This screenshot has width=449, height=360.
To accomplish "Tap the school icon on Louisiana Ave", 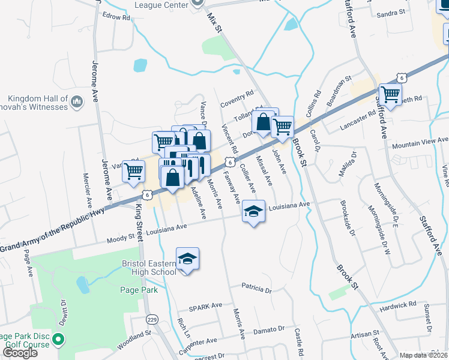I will (x=253, y=212).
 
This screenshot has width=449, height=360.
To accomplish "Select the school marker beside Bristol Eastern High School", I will (x=187, y=259).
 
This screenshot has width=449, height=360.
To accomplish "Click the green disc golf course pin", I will (x=58, y=340).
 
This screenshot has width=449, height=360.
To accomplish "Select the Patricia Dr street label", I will (x=256, y=289).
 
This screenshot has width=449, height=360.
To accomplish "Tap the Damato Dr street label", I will (x=268, y=329).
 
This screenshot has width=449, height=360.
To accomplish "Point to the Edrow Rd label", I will (x=116, y=17).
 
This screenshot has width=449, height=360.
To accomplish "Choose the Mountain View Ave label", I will (x=420, y=143).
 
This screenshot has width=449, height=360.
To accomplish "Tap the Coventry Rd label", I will (x=237, y=97).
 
